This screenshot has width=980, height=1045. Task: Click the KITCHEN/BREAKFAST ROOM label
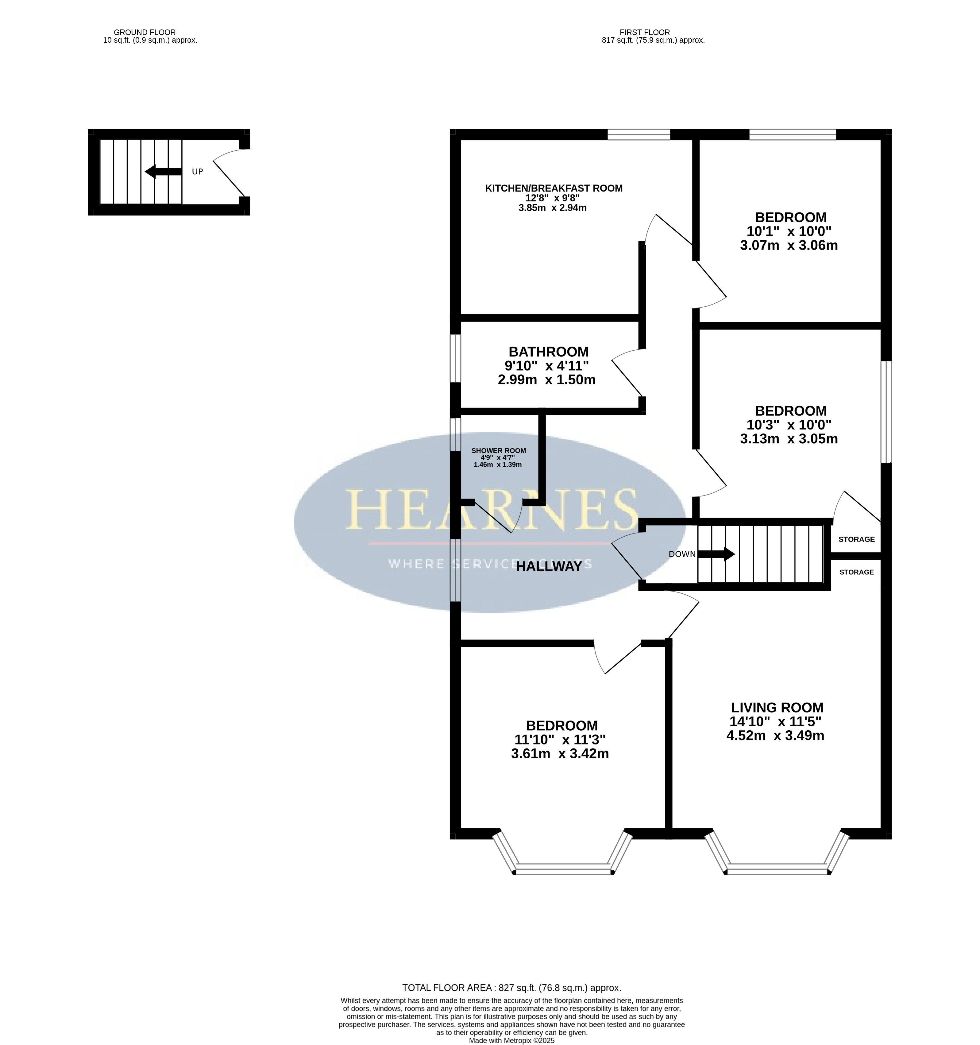553,188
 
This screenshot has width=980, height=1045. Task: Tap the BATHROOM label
549,352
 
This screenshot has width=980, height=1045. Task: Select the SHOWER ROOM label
498,450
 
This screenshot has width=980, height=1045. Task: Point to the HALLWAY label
549,566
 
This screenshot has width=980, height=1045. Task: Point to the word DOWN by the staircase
682,554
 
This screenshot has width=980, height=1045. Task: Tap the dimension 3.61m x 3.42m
560,754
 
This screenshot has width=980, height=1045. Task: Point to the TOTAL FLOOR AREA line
512,988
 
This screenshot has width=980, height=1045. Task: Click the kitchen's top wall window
639,134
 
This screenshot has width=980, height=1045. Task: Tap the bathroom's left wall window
456,359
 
